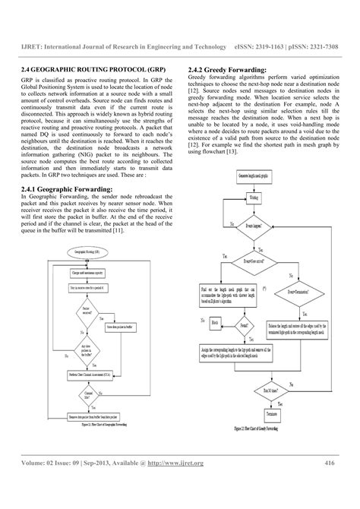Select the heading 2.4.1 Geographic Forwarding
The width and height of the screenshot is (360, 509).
click(x=69, y=188)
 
